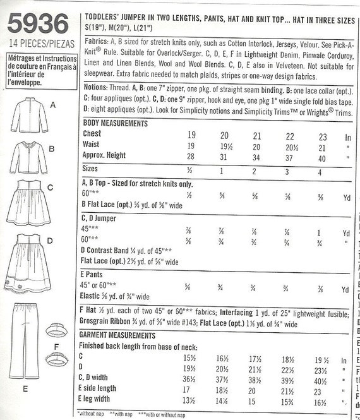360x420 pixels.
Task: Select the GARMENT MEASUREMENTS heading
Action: [x=116, y=335]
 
